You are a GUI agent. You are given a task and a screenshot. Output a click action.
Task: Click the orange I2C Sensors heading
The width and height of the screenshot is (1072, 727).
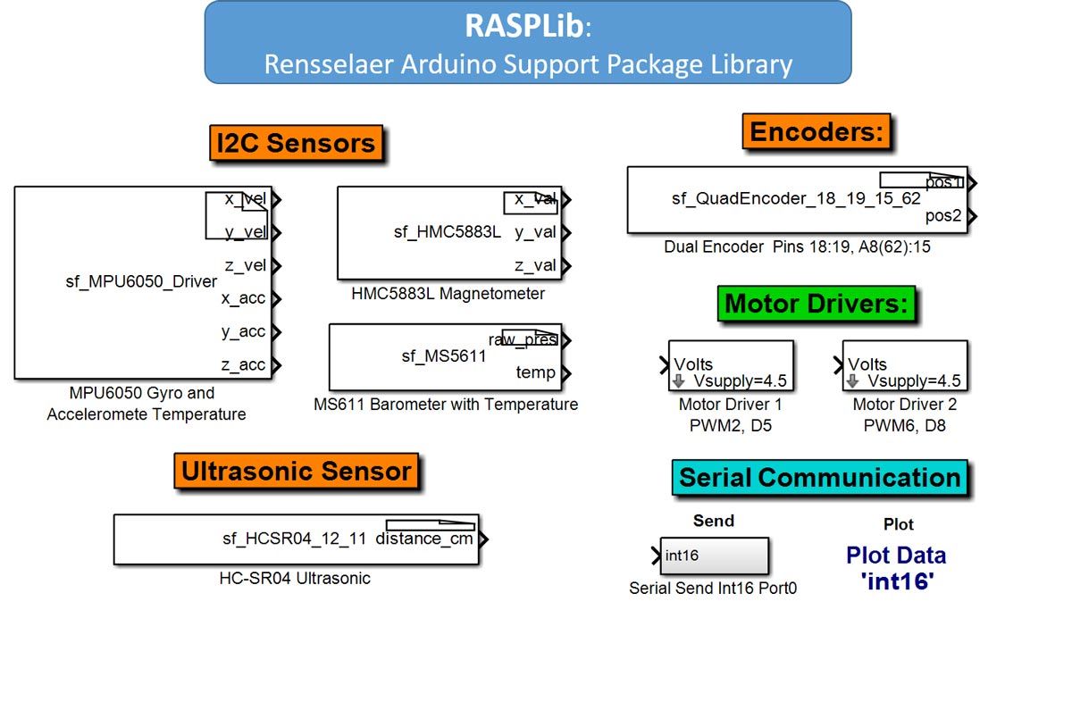coord(296,143)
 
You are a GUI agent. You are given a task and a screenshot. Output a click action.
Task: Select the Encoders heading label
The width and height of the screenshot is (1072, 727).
coord(817,132)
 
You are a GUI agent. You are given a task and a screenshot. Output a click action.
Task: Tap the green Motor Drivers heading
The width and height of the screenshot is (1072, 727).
coord(816,304)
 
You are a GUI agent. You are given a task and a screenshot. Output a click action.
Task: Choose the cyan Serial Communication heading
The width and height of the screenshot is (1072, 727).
coord(819,478)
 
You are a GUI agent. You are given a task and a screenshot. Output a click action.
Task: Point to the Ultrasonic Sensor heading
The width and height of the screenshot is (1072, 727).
coord(297,471)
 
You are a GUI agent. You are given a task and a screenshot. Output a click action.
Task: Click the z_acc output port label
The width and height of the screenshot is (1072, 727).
coord(243,364)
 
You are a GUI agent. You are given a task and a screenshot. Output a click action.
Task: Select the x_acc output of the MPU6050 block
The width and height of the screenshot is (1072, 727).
coord(243,298)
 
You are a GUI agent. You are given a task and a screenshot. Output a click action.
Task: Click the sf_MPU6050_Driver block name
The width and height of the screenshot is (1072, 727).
coord(141,281)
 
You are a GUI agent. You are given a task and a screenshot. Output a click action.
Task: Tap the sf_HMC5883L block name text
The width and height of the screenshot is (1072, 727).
coord(448,232)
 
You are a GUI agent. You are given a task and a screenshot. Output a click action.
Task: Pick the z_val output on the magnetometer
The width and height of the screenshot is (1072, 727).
coord(535,265)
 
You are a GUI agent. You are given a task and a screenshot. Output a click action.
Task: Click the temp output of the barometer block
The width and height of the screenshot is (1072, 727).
coord(535,372)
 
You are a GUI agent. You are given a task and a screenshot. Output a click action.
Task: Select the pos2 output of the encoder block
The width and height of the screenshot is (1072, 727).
coord(943,216)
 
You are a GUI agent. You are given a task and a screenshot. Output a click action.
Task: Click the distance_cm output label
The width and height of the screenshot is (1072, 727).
coord(424,539)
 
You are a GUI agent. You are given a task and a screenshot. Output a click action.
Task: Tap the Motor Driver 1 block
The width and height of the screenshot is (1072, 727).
coord(730,365)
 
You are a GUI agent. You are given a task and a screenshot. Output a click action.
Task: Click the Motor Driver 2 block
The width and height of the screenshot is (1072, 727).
coord(904,365)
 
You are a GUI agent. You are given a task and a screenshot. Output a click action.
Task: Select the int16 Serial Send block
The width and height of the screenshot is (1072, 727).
coord(714,556)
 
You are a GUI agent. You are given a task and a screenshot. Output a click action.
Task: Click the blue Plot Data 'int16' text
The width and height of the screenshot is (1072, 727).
coord(896,568)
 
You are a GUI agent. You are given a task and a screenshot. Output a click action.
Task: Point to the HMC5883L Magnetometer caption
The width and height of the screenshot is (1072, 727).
coord(448,294)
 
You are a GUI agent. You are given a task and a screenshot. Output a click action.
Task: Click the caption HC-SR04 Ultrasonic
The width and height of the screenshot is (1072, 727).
coord(295,579)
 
